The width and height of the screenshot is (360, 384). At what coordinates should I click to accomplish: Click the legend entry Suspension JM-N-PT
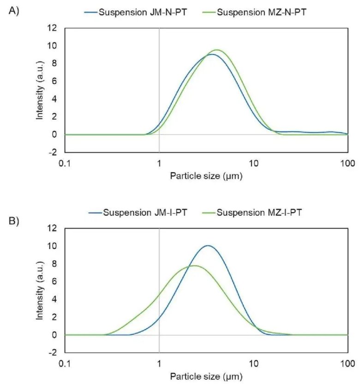click(x=146, y=12)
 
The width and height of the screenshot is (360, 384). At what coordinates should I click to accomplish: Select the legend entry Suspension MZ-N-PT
click(x=261, y=12)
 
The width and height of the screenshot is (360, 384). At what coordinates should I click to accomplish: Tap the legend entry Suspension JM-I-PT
click(x=146, y=213)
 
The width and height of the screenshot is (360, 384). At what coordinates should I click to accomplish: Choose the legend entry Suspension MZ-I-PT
click(x=261, y=213)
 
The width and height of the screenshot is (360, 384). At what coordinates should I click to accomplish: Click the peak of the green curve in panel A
click(x=216, y=50)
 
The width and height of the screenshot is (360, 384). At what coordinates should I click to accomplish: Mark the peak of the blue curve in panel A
click(x=211, y=55)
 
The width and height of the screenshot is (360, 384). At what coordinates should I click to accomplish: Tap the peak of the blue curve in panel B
click(x=208, y=246)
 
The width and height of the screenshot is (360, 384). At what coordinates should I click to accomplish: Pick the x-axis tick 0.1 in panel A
click(x=65, y=163)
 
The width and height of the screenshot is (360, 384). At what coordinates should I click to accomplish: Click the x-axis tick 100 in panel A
click(x=347, y=163)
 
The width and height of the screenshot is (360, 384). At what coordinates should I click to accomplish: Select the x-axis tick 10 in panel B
click(x=253, y=363)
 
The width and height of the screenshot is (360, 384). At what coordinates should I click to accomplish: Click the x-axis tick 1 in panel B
click(x=159, y=363)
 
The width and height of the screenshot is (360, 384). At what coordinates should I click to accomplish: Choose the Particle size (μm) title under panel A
click(x=206, y=176)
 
